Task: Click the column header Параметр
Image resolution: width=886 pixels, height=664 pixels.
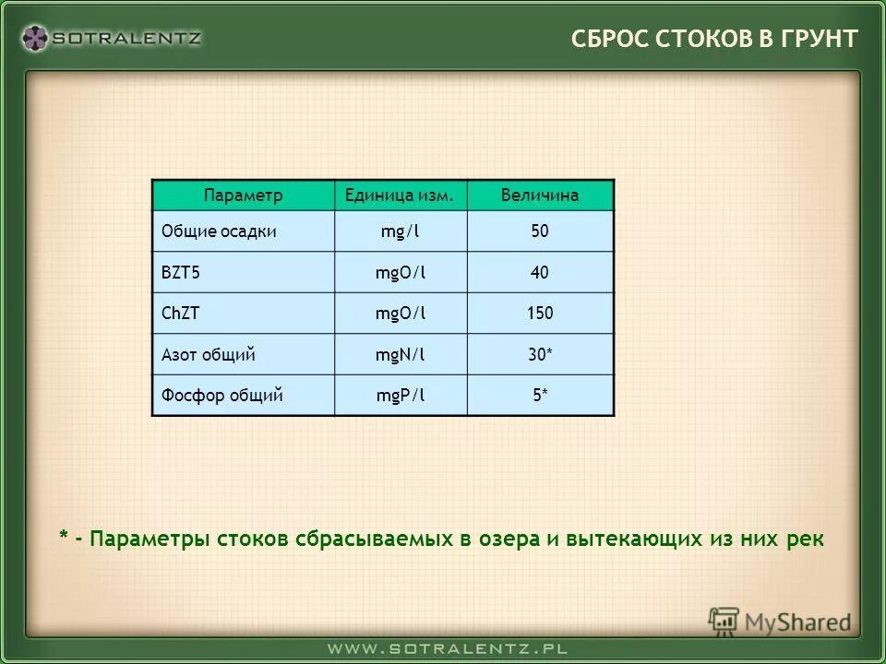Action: point(243,196)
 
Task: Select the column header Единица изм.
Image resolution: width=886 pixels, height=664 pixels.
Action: point(400,196)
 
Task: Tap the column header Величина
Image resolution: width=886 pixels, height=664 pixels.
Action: point(540,196)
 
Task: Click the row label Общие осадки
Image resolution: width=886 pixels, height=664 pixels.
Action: point(219,231)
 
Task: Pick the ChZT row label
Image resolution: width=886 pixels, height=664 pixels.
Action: point(181,314)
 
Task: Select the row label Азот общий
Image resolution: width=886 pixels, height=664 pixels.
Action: point(208,354)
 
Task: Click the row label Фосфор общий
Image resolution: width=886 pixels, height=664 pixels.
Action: point(221,396)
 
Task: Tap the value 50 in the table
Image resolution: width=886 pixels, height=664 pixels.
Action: point(540,231)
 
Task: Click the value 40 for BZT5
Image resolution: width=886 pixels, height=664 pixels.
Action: point(540,273)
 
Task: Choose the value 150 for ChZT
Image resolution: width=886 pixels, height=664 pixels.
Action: point(540,314)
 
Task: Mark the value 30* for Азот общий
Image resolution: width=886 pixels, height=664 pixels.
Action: point(540,354)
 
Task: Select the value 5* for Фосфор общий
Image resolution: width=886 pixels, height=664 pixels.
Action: point(540,396)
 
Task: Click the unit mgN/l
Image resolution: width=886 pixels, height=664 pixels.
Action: point(401,354)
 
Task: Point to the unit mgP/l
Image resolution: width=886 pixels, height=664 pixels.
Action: point(401,396)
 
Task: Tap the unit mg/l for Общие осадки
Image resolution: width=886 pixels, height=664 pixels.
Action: point(401,231)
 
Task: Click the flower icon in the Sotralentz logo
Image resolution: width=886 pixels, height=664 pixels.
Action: point(35,38)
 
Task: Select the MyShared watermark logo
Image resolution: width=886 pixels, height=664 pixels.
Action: point(780,622)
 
